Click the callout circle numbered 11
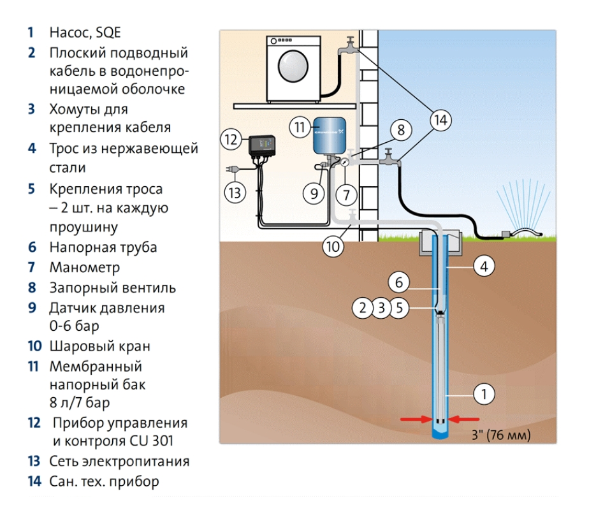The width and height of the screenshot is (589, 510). tap(299, 127)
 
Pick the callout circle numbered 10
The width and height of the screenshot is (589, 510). tap(333, 245)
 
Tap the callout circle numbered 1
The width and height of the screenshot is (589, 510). tap(484, 395)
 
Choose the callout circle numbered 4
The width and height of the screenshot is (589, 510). tap(484, 267)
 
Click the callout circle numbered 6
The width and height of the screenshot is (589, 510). tap(399, 281)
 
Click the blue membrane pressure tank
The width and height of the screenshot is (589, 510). tap(329, 136)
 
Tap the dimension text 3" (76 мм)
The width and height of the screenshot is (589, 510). tap(500, 435)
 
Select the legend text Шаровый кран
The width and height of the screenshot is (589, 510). tap(99, 347)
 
